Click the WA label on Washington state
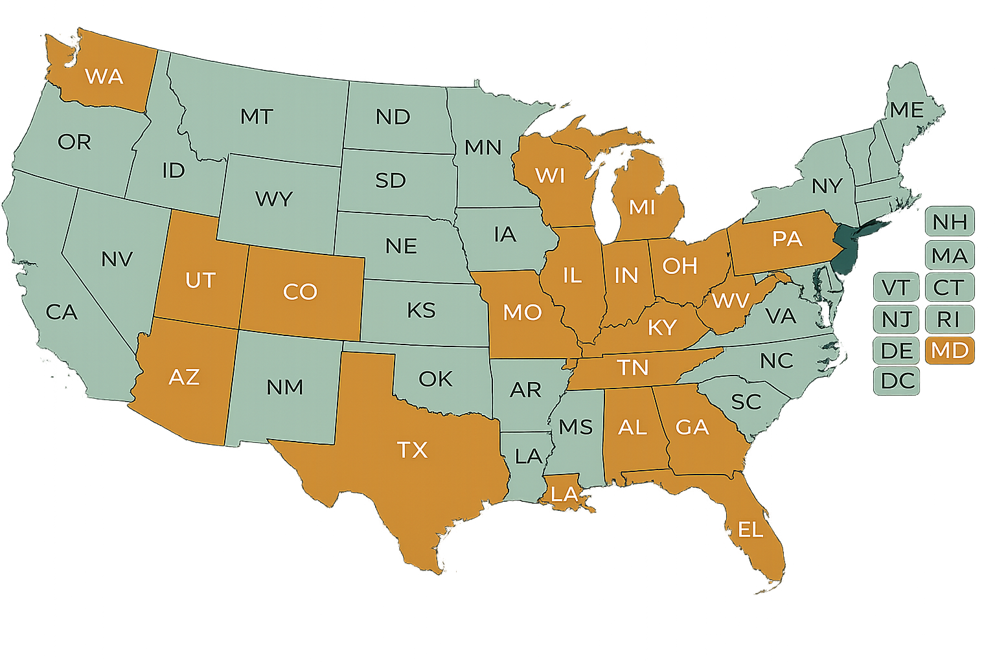pos(104,76)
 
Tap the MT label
pos(257,117)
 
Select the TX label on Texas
pos(413,449)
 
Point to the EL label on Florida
pos(750,530)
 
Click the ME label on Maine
pos(906,110)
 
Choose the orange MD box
pos(950,350)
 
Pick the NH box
pos(950,222)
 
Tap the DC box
pos(897,381)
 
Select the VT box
pos(896,287)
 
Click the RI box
pos(948,319)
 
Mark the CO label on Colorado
pos(300,291)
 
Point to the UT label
pos(200,280)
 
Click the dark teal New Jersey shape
pos(843,249)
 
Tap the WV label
pos(731,301)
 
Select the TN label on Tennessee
pos(633,368)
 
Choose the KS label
pos(421,310)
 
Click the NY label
pos(827,186)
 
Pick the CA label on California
pos(62,312)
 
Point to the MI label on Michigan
pos(642,207)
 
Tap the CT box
pos(949,287)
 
